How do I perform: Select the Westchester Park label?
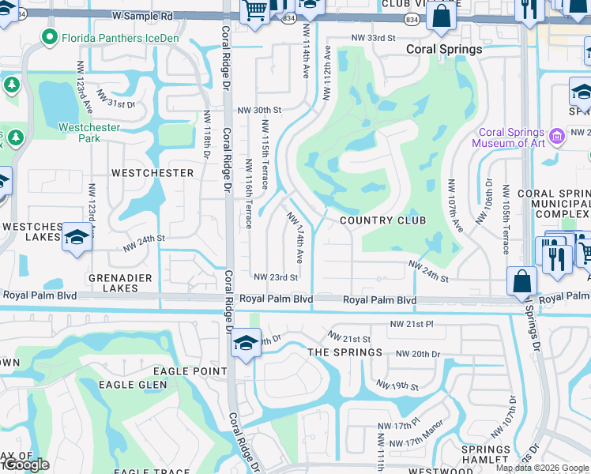[90, 133]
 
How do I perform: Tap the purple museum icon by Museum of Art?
[557, 136]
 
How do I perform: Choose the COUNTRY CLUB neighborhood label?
[382, 220]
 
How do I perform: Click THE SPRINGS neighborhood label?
[344, 352]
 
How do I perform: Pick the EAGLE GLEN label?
[133, 385]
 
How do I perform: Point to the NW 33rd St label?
[372, 38]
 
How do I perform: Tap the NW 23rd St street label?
[276, 277]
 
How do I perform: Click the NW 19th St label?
[397, 386]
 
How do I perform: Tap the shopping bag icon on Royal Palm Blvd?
[521, 281]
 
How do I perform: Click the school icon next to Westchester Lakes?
[76, 237]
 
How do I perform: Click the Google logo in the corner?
[26, 465]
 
